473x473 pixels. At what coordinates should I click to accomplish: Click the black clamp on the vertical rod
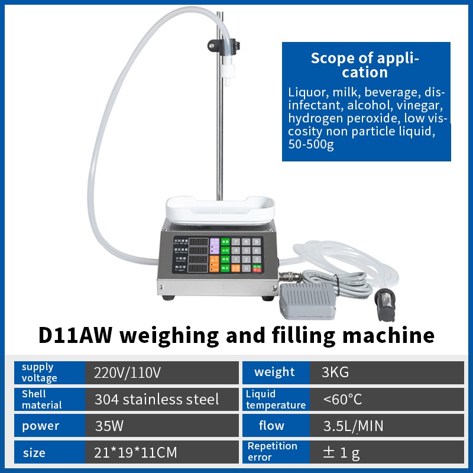[223, 44]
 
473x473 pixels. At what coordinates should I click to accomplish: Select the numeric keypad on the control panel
[247, 255]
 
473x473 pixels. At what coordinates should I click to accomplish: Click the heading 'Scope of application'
[365, 65]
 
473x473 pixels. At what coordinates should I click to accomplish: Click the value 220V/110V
[128, 372]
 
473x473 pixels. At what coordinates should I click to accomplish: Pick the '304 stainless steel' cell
[157, 399]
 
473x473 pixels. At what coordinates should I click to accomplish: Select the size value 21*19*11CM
[135, 453]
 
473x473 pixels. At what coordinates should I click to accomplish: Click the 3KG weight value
[335, 372]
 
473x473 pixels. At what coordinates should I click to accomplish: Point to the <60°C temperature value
[342, 399]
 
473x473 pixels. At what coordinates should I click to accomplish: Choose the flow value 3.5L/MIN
[354, 426]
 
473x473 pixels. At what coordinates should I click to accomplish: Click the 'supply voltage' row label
[40, 372]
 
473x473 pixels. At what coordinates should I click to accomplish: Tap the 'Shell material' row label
[41, 399]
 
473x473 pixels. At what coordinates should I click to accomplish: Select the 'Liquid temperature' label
[276, 399]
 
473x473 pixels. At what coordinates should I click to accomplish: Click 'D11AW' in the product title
[77, 335]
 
